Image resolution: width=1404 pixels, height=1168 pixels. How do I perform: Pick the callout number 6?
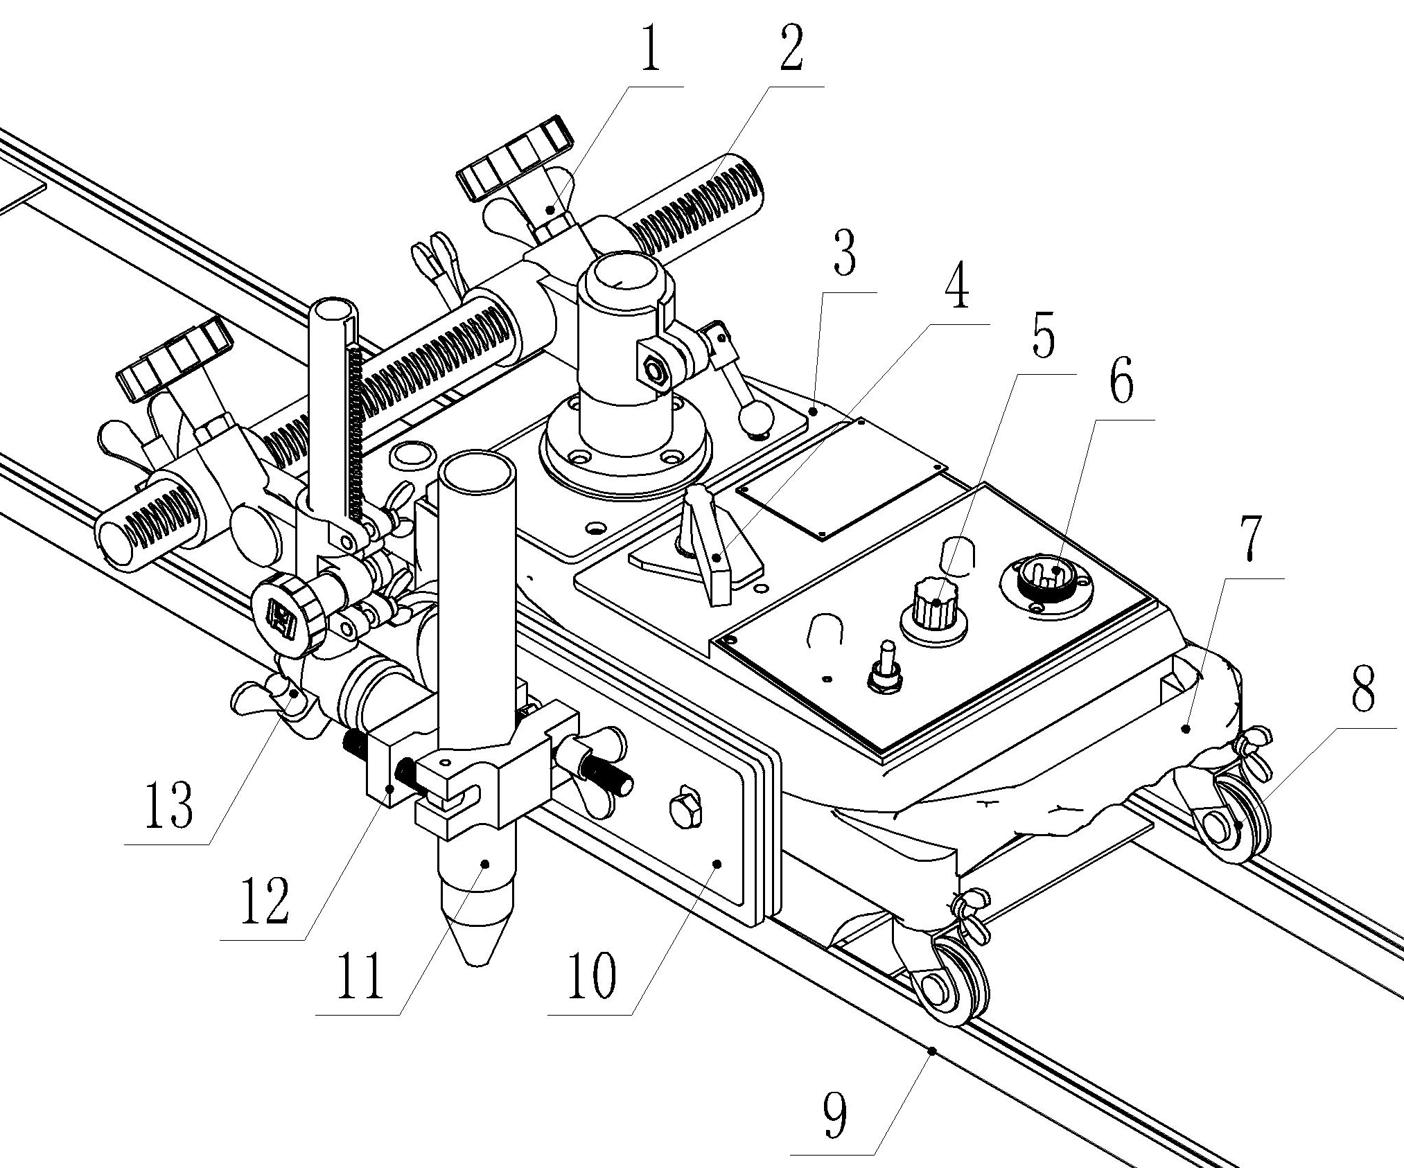click(1121, 382)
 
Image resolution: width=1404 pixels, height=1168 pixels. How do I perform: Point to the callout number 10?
click(590, 975)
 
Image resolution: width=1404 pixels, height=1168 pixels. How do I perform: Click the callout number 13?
click(168, 806)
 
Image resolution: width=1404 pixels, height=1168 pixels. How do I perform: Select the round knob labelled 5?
click(934, 605)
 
